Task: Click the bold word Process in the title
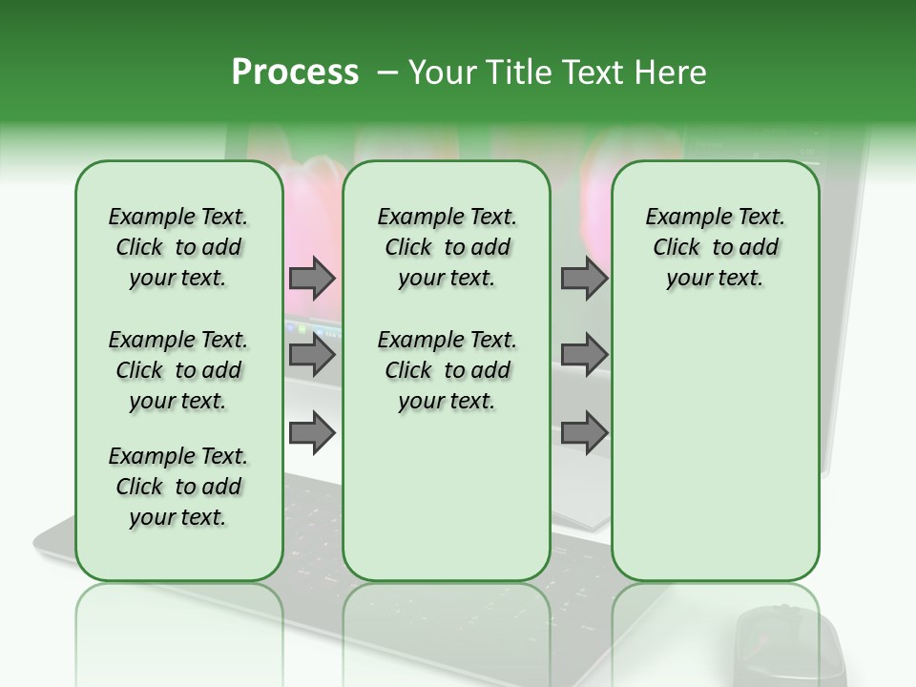click(x=295, y=73)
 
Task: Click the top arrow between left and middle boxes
click(x=312, y=278)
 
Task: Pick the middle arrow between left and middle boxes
click(x=312, y=355)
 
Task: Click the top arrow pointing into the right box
click(x=583, y=278)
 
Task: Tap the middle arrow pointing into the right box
click(x=583, y=355)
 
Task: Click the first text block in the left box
click(x=178, y=247)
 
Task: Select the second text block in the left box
click(x=178, y=370)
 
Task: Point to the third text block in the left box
click(x=178, y=487)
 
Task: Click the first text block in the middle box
click(x=447, y=247)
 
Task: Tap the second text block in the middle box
click(x=447, y=370)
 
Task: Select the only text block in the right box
click(x=715, y=247)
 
